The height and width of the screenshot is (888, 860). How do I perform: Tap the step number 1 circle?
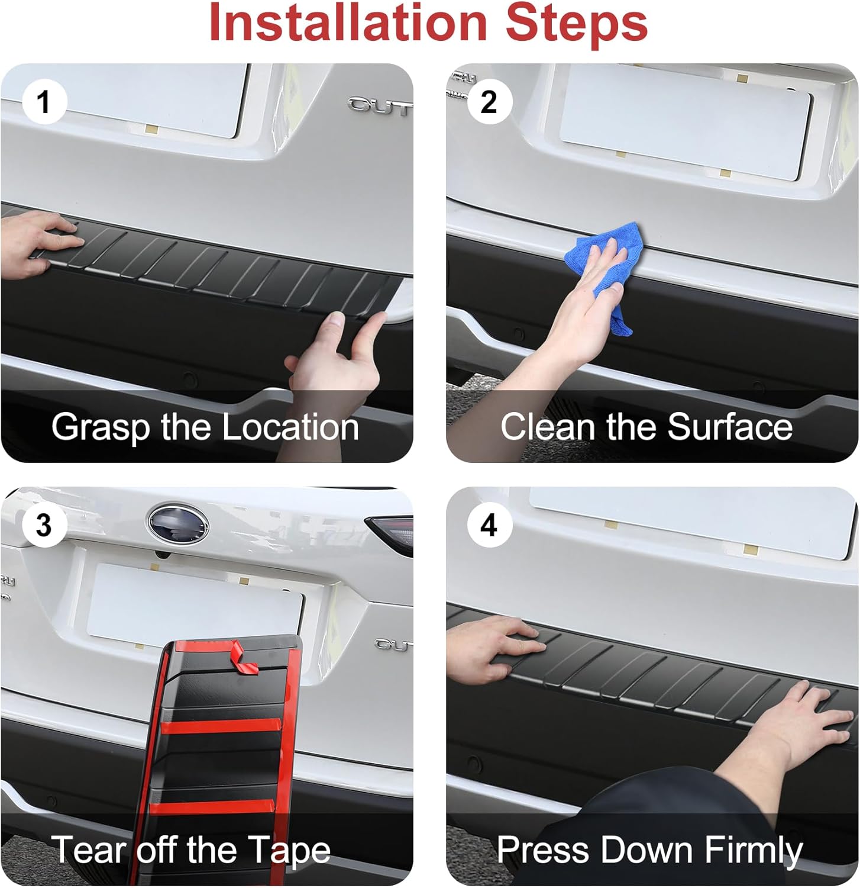[x=44, y=102]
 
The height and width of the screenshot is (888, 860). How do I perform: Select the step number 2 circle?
[x=489, y=102]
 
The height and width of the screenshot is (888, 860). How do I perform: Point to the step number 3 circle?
[x=44, y=525]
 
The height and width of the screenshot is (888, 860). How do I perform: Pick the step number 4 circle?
[x=489, y=525]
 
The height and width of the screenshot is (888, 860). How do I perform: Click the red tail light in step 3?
[x=389, y=533]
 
